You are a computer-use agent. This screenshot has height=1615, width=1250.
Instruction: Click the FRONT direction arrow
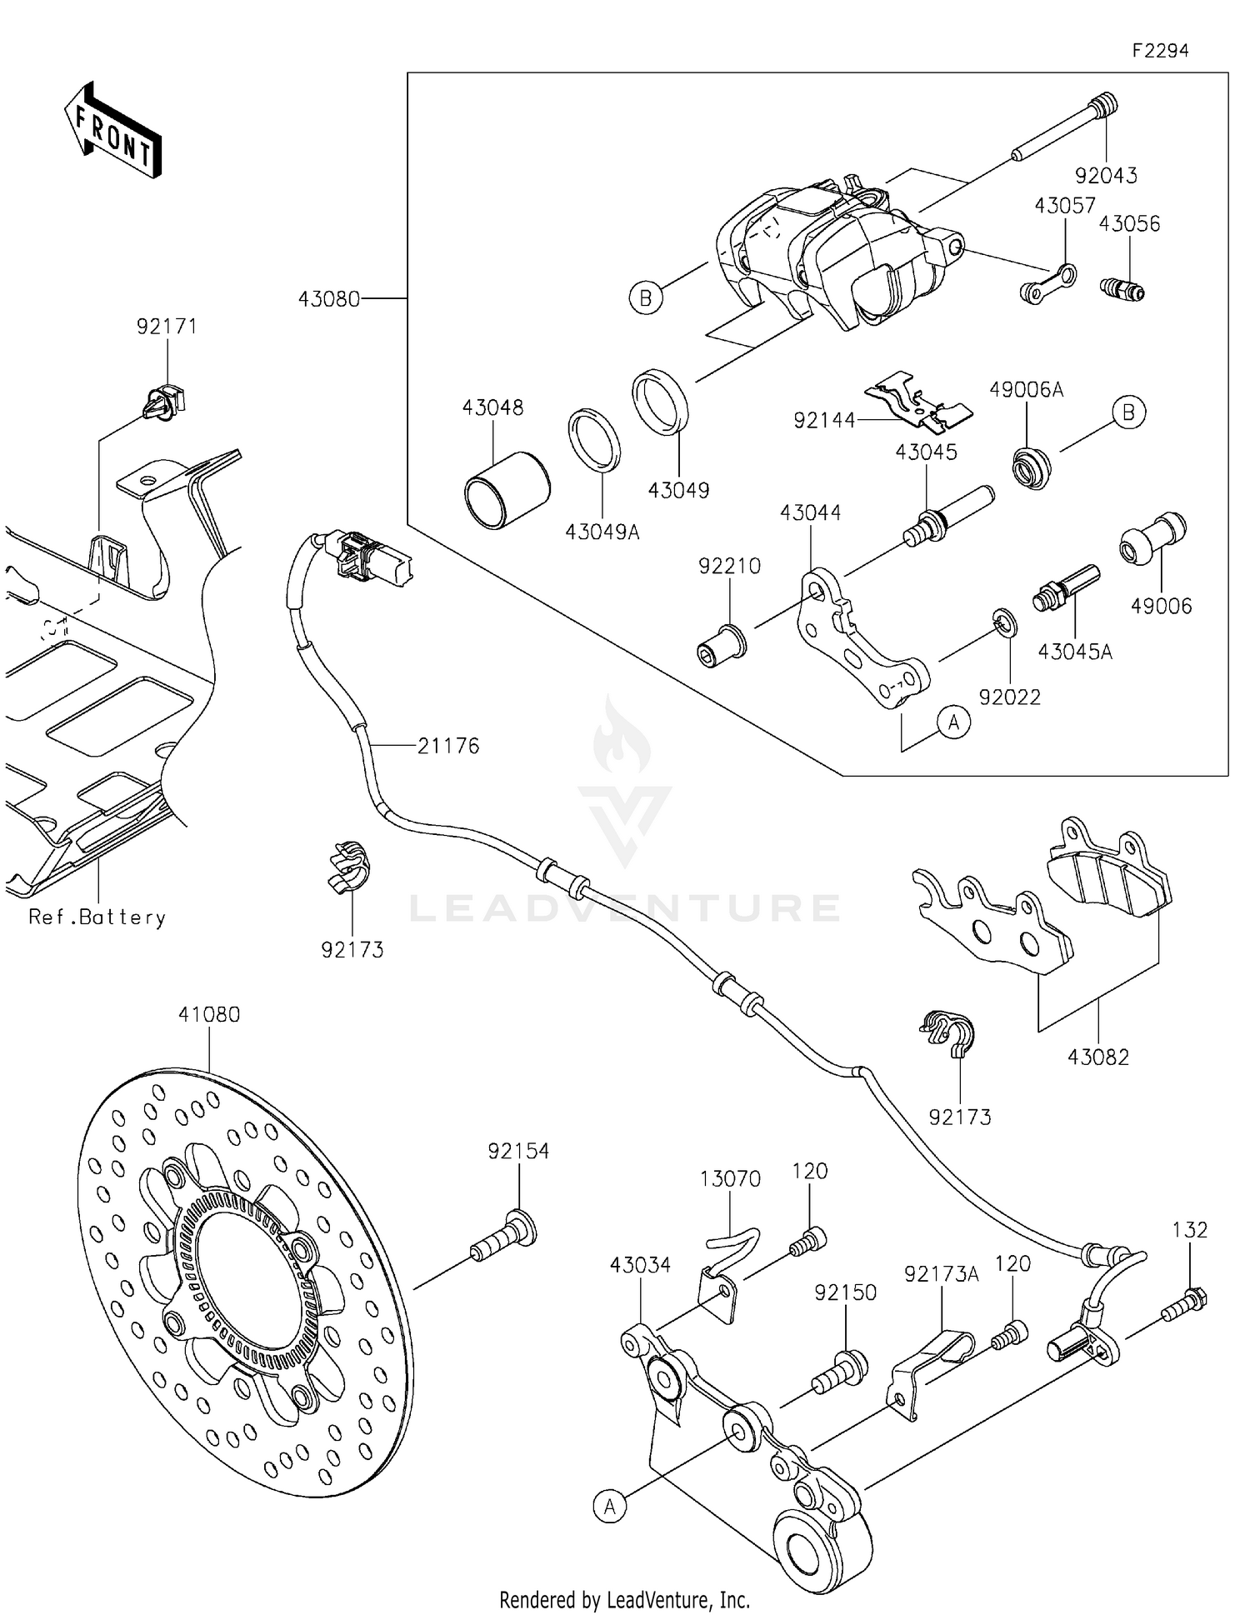[x=112, y=132]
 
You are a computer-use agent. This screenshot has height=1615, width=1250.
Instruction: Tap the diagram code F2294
[x=1160, y=51]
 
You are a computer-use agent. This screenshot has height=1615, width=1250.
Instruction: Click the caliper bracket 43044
[x=858, y=637]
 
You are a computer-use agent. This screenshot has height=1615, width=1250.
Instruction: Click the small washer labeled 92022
[x=1004, y=622]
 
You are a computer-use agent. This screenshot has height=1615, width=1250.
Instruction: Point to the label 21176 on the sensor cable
[x=448, y=746]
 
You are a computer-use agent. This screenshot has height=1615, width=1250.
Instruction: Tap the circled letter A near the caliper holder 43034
[x=610, y=1506]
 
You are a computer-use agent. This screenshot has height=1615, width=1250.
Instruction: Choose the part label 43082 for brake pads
[x=1097, y=1057]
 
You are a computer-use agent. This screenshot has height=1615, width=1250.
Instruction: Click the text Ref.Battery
[x=97, y=917]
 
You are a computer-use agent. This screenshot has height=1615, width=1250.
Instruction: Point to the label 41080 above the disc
[x=208, y=1015]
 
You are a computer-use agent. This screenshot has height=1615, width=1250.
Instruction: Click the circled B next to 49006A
[x=1128, y=413]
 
